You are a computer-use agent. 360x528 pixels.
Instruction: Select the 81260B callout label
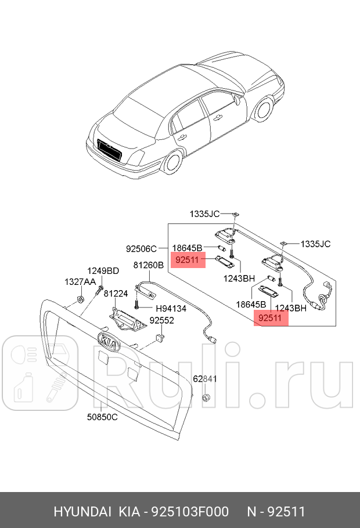[149, 265]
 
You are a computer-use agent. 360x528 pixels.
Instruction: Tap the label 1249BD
[103, 270]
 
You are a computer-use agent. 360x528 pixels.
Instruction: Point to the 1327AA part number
[80, 281]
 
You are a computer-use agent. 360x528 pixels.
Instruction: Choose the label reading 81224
[116, 294]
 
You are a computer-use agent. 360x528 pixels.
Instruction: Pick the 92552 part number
[162, 320]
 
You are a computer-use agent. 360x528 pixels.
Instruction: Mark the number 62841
[204, 379]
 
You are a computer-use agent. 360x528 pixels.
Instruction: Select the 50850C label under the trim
[102, 417]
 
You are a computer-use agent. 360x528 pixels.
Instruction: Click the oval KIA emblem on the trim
[107, 342]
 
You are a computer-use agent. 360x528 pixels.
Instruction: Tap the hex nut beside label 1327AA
[81, 300]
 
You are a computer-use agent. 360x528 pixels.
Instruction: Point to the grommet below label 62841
[205, 398]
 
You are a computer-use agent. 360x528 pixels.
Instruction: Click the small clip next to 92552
[160, 336]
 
